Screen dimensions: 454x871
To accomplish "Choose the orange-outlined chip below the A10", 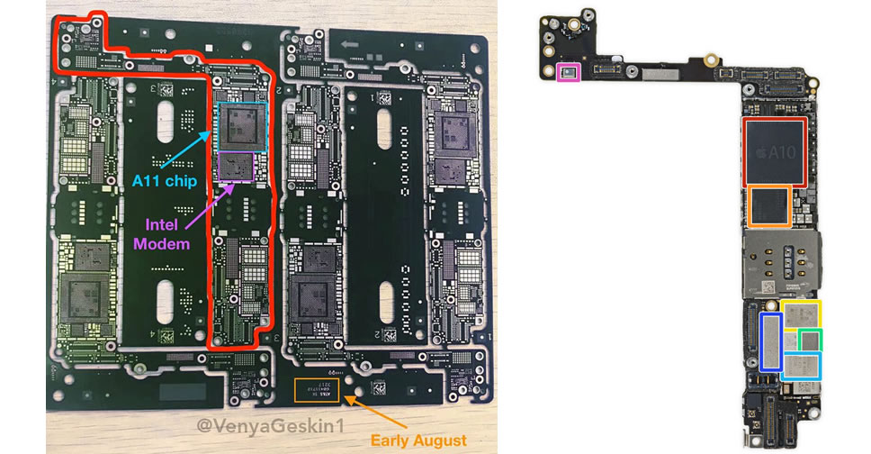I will pos(768,207).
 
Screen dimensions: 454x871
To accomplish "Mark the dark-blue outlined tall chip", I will pos(770,341).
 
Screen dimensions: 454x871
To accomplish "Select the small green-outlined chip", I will pos(811,340).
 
